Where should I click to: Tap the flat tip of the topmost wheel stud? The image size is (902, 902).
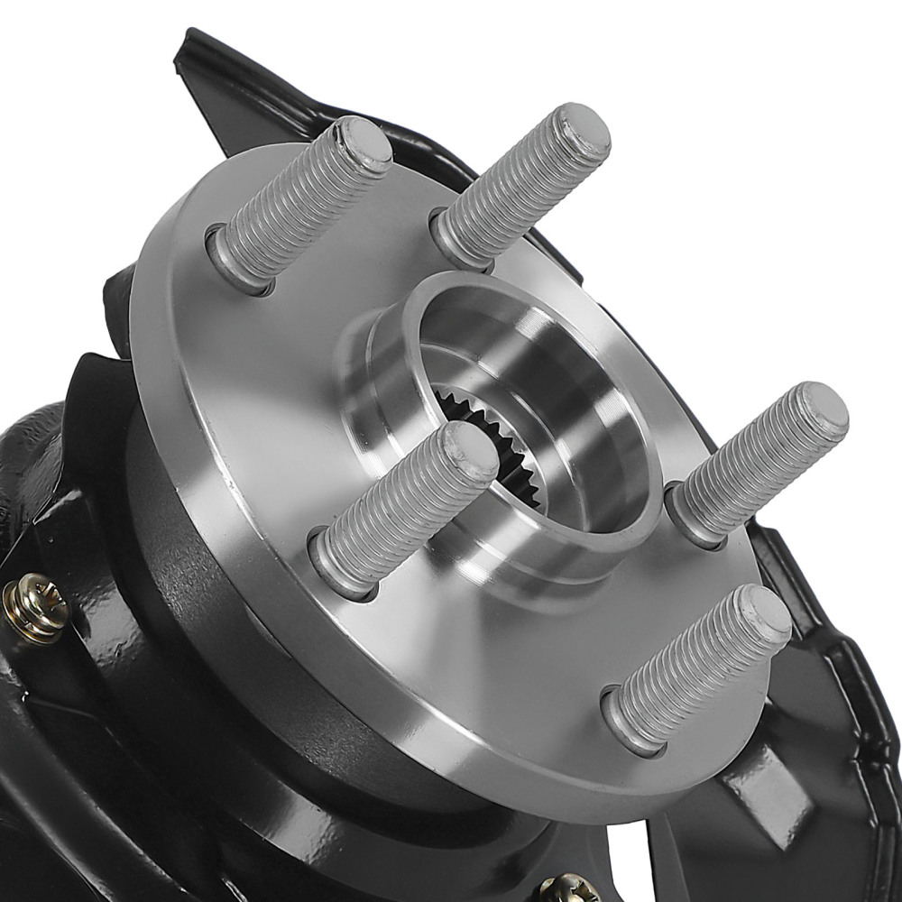[582, 132]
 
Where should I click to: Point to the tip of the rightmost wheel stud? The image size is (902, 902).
[821, 410]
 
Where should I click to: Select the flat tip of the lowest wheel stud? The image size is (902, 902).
[763, 613]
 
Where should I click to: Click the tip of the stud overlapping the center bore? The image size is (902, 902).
[469, 451]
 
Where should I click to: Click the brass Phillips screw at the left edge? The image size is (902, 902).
[36, 607]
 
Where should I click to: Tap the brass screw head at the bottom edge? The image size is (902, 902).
[569, 888]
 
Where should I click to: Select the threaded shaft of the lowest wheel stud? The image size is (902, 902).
[695, 667]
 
